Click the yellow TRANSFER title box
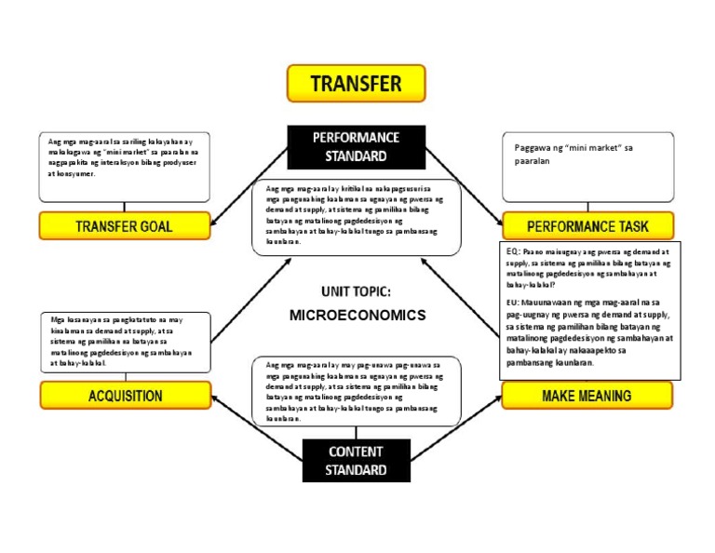coord(356,84)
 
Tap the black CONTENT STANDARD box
coord(356,461)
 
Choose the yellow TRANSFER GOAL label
coord(124,226)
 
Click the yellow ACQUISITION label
coord(126,396)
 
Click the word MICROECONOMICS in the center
coord(357,315)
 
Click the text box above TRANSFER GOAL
coord(124,168)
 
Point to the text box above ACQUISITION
coord(124,344)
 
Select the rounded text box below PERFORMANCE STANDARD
coord(357,217)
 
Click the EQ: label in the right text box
coord(513,251)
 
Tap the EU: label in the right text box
coord(513,303)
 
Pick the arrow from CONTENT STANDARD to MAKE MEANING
coord(456,429)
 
